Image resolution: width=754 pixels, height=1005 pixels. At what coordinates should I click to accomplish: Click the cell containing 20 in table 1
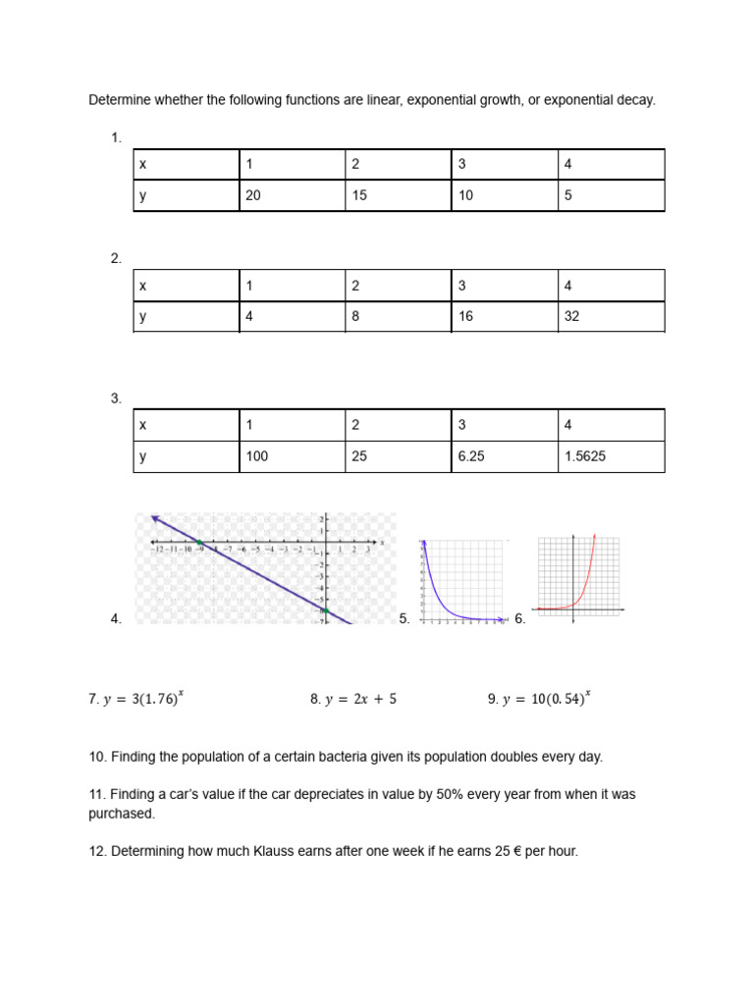(x=292, y=195)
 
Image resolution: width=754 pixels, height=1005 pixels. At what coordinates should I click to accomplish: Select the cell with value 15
(x=398, y=195)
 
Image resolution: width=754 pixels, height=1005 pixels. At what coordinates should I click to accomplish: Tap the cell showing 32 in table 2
(x=611, y=317)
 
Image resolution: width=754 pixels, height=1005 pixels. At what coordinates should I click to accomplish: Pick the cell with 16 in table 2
(x=504, y=317)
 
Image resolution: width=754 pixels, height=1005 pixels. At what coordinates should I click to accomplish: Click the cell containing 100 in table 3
(x=292, y=456)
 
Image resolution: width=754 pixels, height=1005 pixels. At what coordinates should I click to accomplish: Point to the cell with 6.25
(x=504, y=456)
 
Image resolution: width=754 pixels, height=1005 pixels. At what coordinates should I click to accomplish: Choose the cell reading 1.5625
(x=611, y=456)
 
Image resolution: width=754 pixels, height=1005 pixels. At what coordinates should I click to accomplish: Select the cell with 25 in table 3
(x=398, y=456)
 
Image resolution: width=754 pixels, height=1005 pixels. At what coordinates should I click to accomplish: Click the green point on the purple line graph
(x=198, y=542)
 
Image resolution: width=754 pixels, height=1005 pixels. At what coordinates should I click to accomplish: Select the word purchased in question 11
(x=121, y=814)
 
